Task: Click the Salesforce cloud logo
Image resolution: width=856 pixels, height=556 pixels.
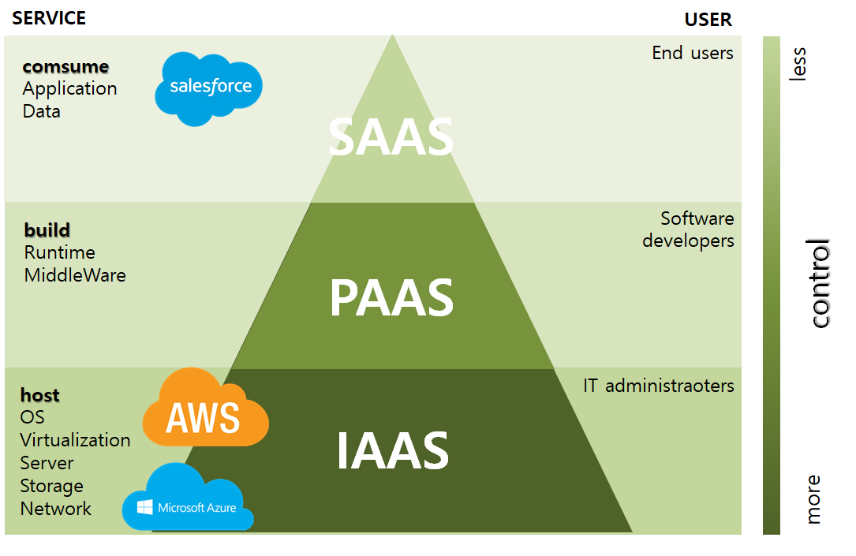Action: [208, 88]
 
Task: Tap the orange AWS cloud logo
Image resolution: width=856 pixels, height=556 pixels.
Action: [204, 409]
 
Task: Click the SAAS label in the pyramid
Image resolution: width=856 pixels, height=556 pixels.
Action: [391, 137]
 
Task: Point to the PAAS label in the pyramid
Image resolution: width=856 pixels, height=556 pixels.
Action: [391, 298]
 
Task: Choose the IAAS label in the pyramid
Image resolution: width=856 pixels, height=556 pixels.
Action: [392, 450]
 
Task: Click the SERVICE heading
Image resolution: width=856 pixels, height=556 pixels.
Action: [49, 17]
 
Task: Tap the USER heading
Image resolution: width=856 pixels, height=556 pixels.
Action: [708, 19]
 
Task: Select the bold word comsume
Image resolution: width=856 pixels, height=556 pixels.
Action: [65, 66]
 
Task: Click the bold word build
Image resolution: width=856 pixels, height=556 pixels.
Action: [47, 230]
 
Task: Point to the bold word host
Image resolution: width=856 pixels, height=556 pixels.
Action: [40, 394]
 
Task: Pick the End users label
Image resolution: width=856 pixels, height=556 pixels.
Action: [693, 53]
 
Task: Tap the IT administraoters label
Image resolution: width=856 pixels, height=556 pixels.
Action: [659, 386]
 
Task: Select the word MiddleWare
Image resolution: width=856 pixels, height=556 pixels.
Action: [75, 275]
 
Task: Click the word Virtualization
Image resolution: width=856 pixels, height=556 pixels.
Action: [76, 440]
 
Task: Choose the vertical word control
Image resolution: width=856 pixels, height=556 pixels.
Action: [820, 283]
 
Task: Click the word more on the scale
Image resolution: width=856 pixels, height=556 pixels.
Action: [813, 498]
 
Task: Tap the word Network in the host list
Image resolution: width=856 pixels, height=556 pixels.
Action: [56, 509]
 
